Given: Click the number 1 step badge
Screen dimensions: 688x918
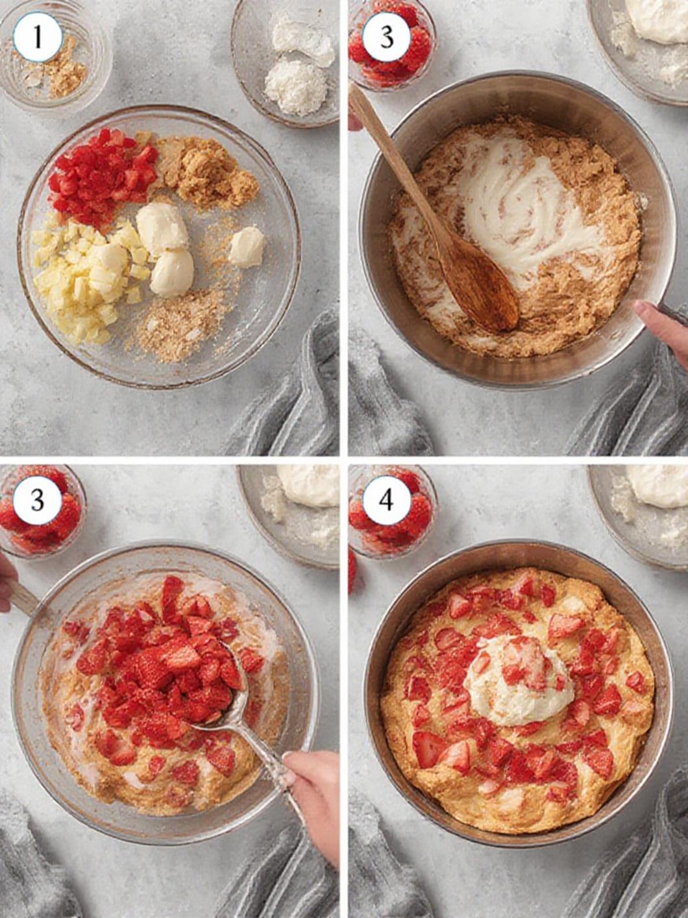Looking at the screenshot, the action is click(x=38, y=37).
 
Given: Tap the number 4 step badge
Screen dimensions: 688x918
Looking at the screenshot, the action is click(x=386, y=500).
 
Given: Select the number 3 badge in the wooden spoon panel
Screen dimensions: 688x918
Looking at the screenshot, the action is click(x=387, y=37).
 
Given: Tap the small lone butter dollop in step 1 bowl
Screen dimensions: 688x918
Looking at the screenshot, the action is click(x=247, y=247).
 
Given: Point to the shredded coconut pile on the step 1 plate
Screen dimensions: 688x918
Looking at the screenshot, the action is click(x=296, y=87).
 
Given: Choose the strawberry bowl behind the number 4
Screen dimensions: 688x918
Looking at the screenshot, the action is click(x=391, y=512).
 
